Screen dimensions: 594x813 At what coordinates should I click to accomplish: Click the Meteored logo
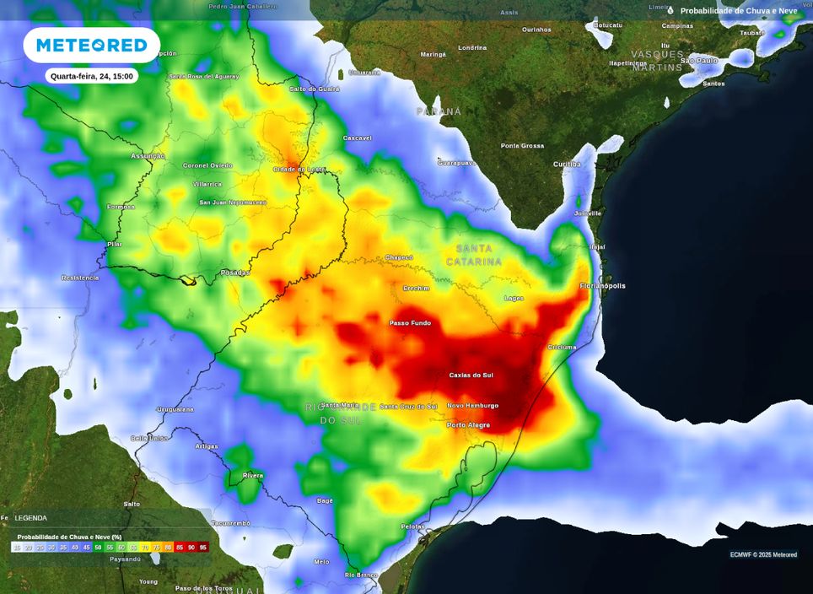[91, 45]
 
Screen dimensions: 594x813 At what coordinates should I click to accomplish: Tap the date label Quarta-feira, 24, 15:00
[91, 76]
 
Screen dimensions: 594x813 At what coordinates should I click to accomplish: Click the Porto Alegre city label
[468, 424]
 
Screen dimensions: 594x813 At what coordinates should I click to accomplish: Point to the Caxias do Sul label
[471, 375]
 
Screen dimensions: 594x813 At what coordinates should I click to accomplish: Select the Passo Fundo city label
[410, 322]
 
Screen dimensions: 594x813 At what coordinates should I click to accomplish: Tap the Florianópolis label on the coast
[602, 286]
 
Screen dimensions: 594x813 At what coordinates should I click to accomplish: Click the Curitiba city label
[567, 164]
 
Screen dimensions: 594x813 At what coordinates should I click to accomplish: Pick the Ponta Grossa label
[522, 146]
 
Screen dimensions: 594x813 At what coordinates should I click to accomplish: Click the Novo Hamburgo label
[472, 406]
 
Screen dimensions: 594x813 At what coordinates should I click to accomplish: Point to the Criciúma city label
[562, 347]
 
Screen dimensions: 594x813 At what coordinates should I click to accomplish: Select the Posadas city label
[235, 273]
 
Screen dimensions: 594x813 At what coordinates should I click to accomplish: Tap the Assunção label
[148, 156]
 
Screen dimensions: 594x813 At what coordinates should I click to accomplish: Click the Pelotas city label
[412, 526]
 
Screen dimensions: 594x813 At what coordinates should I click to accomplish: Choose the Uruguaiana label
[175, 409]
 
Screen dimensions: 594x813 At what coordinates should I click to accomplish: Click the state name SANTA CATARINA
[478, 255]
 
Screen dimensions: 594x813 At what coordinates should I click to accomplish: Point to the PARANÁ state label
[439, 111]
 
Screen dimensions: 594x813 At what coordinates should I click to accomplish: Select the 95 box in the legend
[203, 548]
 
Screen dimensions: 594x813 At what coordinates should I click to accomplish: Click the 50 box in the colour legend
[98, 548]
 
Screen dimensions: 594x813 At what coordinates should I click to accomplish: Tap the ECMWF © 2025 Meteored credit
[763, 554]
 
